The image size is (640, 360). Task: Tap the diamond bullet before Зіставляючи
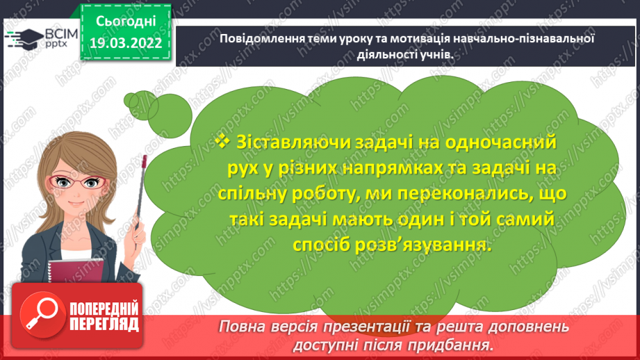click(222, 141)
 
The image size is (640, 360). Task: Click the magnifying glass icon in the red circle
click(44, 316)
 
